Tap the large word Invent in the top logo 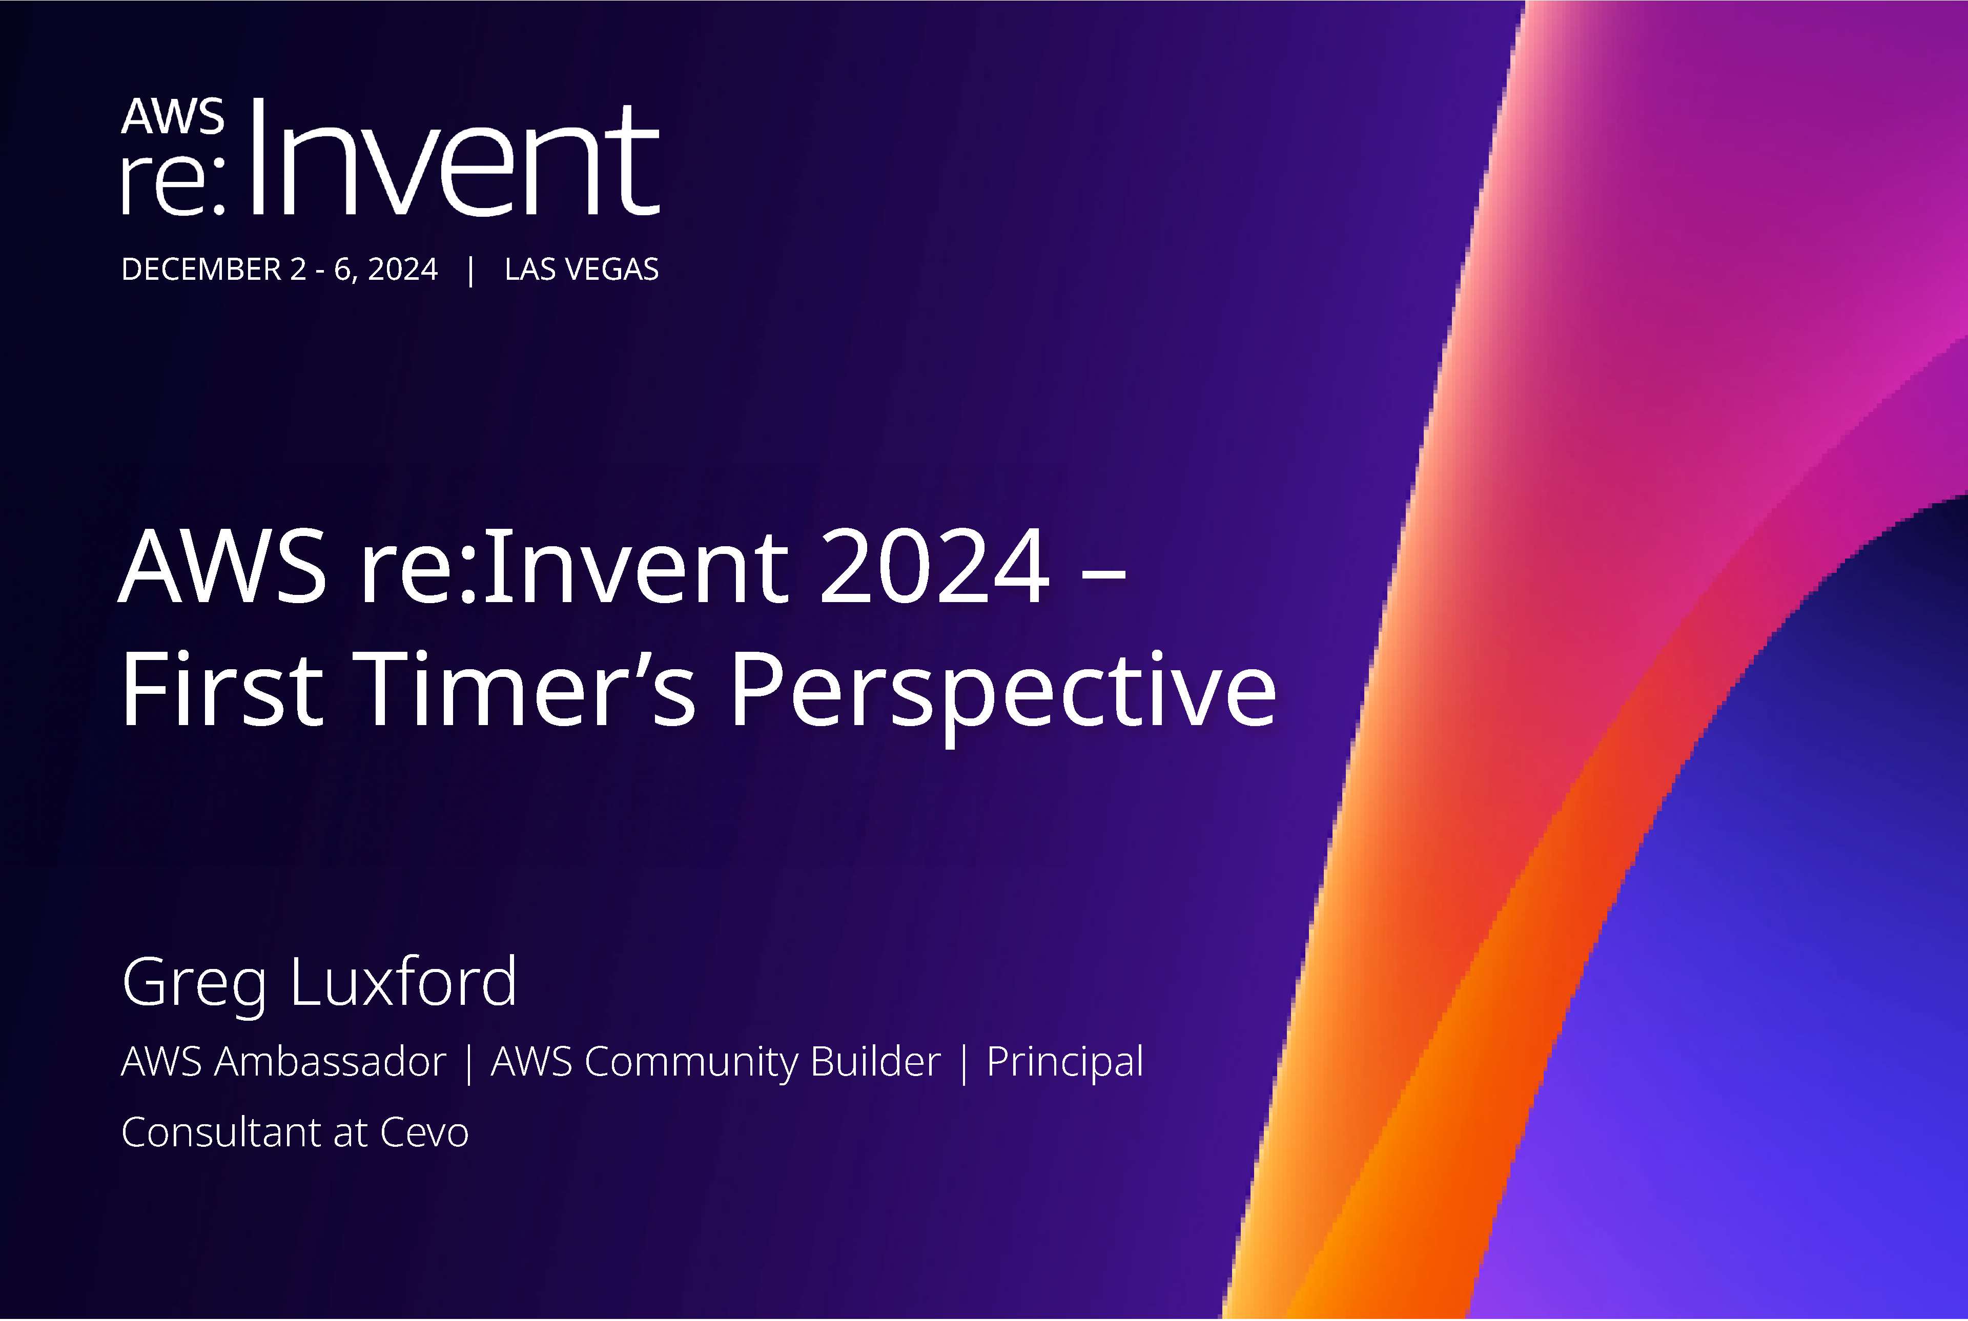coord(453,158)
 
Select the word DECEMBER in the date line coord(201,270)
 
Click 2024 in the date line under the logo coord(403,270)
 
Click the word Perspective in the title coord(1002,691)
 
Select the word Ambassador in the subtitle coord(330,1062)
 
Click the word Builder coord(874,1062)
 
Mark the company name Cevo coord(424,1133)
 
